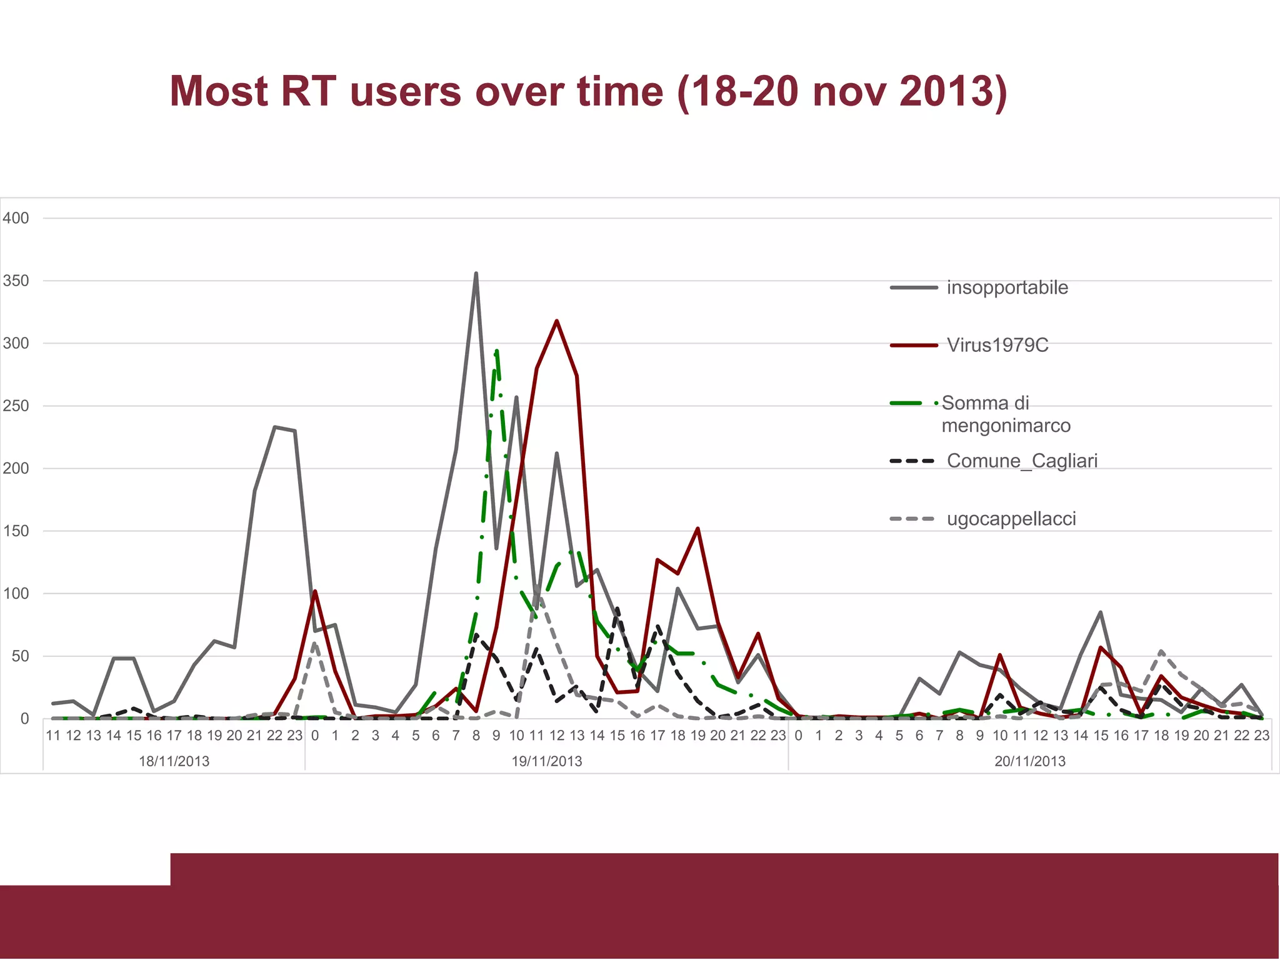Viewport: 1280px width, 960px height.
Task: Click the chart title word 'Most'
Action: [219, 91]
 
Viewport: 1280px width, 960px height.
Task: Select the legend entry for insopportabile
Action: [1007, 287]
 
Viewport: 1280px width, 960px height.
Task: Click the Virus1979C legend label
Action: [997, 345]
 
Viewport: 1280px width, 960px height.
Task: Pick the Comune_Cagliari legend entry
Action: [1022, 461]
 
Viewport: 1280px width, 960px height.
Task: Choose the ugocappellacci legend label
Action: [1011, 519]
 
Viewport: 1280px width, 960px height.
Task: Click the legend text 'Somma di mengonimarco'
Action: [1006, 414]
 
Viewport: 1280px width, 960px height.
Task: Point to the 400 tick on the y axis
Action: [16, 218]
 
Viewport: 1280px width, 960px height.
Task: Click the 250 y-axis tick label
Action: [16, 406]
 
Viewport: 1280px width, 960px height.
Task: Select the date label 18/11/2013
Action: [174, 761]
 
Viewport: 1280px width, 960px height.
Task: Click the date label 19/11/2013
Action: [546, 761]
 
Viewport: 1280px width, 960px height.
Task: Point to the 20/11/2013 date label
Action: [1029, 761]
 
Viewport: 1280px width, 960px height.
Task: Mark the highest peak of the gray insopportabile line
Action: [476, 273]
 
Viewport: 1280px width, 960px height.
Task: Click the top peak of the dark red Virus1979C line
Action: [556, 321]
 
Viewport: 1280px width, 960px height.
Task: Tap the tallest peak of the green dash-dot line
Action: [496, 351]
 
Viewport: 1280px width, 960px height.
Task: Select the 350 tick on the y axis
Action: [16, 281]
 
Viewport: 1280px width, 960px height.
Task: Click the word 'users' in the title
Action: [405, 91]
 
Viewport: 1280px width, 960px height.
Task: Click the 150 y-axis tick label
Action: [16, 531]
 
